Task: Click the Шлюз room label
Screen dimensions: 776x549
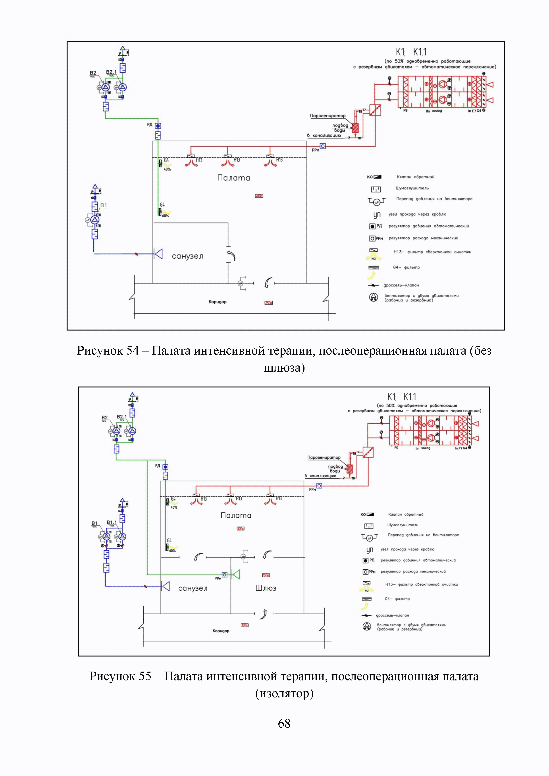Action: point(266,588)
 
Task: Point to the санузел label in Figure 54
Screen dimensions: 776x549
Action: point(187,256)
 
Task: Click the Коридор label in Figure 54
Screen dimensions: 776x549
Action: point(217,302)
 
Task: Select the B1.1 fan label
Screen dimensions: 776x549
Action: point(112,522)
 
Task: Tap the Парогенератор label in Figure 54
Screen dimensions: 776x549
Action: point(327,116)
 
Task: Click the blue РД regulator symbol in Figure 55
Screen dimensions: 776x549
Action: point(165,467)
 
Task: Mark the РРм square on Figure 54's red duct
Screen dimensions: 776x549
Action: point(323,146)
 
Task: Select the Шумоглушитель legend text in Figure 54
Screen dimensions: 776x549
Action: point(412,188)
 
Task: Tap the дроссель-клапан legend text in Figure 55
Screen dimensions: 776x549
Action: point(392,615)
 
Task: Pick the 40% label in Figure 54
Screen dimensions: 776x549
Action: point(167,169)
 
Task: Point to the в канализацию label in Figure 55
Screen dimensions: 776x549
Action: point(323,476)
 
